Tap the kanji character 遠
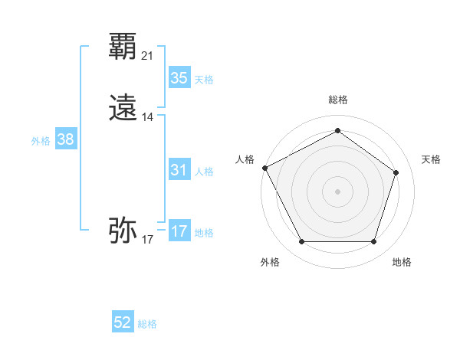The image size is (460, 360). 123,109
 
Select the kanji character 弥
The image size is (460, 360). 123,230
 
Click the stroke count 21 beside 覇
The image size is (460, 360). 148,56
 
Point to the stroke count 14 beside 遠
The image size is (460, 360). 148,117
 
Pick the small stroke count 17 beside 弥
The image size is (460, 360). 148,240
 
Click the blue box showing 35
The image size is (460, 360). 179,78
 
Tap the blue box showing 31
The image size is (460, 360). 179,170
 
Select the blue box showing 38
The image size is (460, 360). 66,139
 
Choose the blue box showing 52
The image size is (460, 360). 123,322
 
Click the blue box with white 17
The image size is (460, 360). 179,231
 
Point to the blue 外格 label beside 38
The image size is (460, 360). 41,141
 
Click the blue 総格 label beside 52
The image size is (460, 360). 147,324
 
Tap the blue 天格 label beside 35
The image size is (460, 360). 204,80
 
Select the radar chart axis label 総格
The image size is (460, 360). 337,100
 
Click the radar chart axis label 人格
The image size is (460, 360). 245,159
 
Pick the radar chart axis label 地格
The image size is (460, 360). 402,262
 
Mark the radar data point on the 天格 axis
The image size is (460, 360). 396,172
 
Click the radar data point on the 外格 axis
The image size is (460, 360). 301,242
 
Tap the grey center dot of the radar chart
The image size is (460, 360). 337,191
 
